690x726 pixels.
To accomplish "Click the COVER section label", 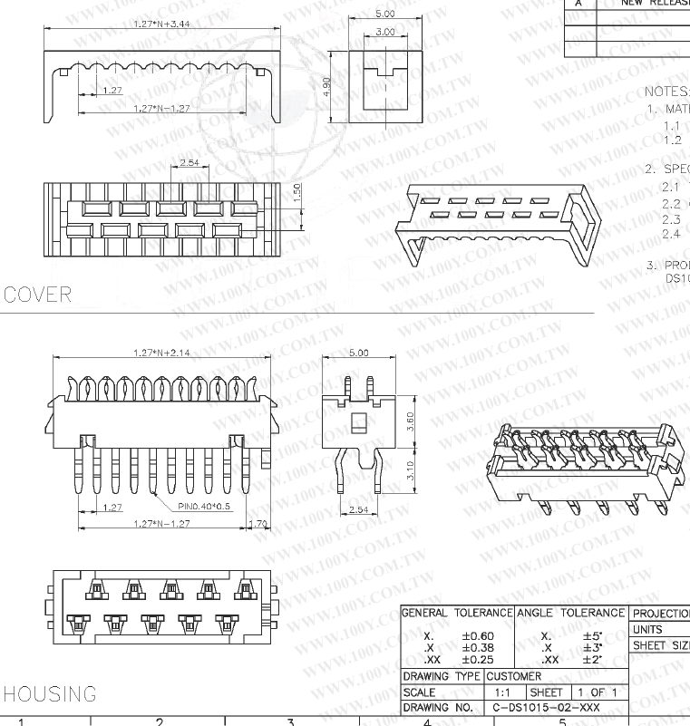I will coord(37,295).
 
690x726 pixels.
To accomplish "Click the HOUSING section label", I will coord(50,695).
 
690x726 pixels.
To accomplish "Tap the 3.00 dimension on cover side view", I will coord(384,33).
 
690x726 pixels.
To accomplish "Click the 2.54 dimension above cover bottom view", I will coord(190,162).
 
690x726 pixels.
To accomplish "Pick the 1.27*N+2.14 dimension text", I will coord(160,353).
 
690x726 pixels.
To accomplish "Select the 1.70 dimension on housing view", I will coord(258,524).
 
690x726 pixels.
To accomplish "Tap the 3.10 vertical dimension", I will coord(410,470).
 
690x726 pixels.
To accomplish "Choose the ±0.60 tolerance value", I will coord(477,636).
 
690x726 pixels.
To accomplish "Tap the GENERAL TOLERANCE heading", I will coord(457,614).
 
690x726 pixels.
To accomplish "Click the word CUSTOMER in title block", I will coord(514,676).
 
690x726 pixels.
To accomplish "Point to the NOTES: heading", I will coord(666,92).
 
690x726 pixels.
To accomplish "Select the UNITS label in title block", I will coord(647,629).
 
